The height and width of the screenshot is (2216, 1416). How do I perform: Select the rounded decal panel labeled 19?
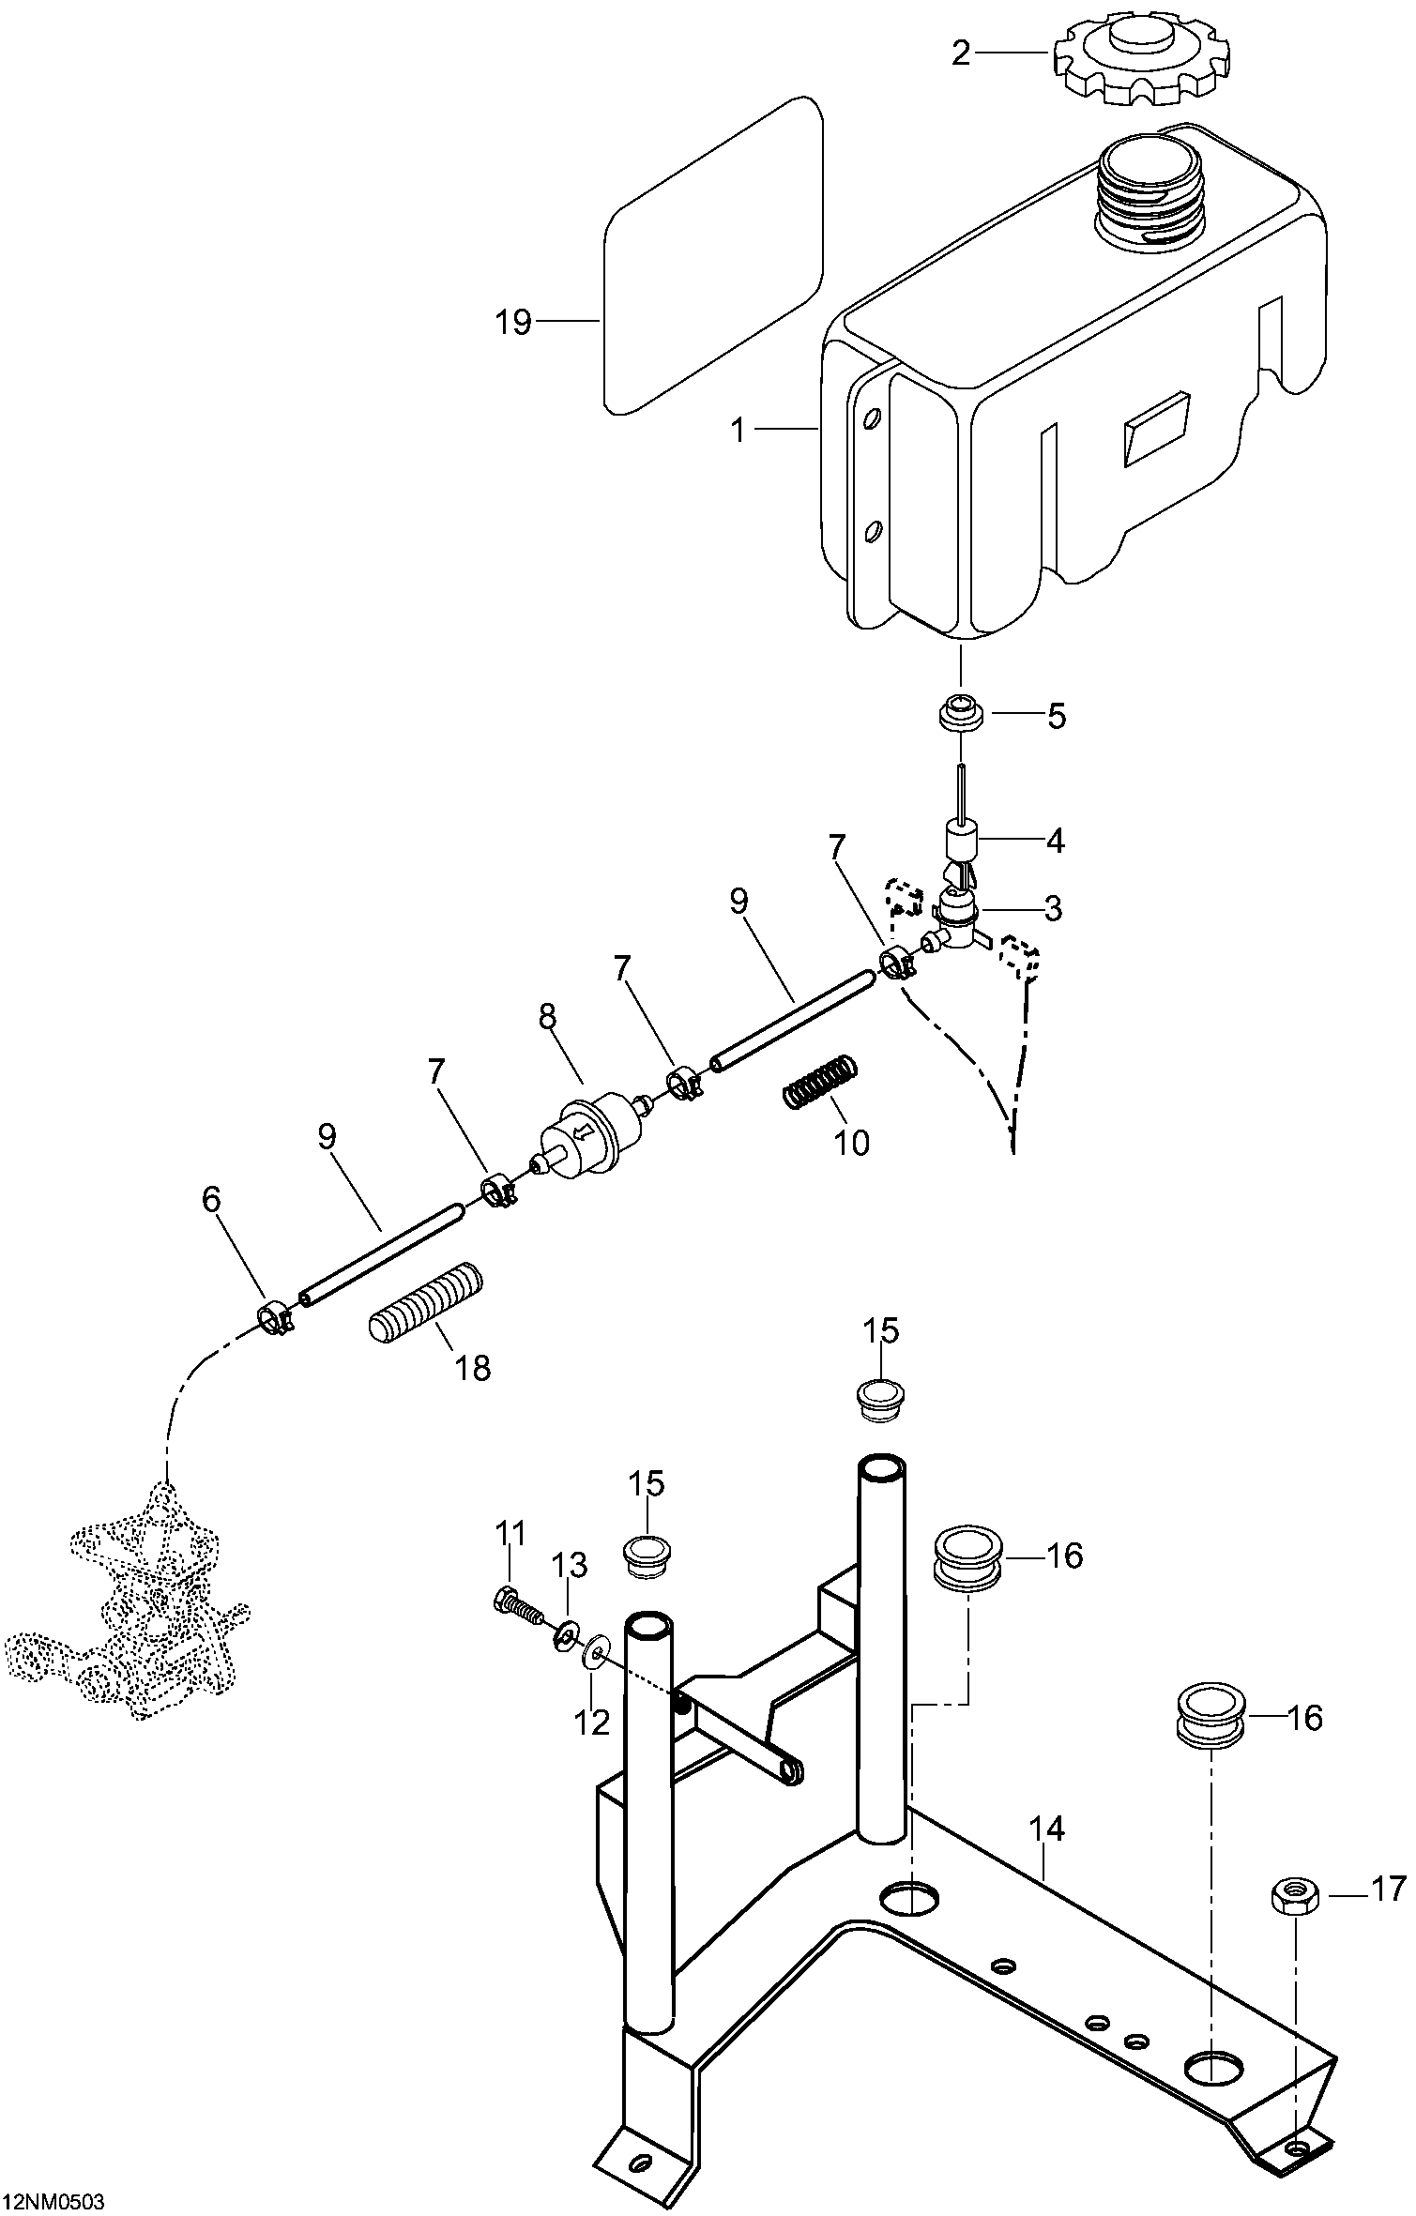(x=713, y=255)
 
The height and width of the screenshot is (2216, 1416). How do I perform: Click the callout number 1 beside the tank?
(x=738, y=431)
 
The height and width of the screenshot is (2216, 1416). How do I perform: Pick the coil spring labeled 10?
(x=820, y=1081)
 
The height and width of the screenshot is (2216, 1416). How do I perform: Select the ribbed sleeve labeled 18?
(x=425, y=1304)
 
